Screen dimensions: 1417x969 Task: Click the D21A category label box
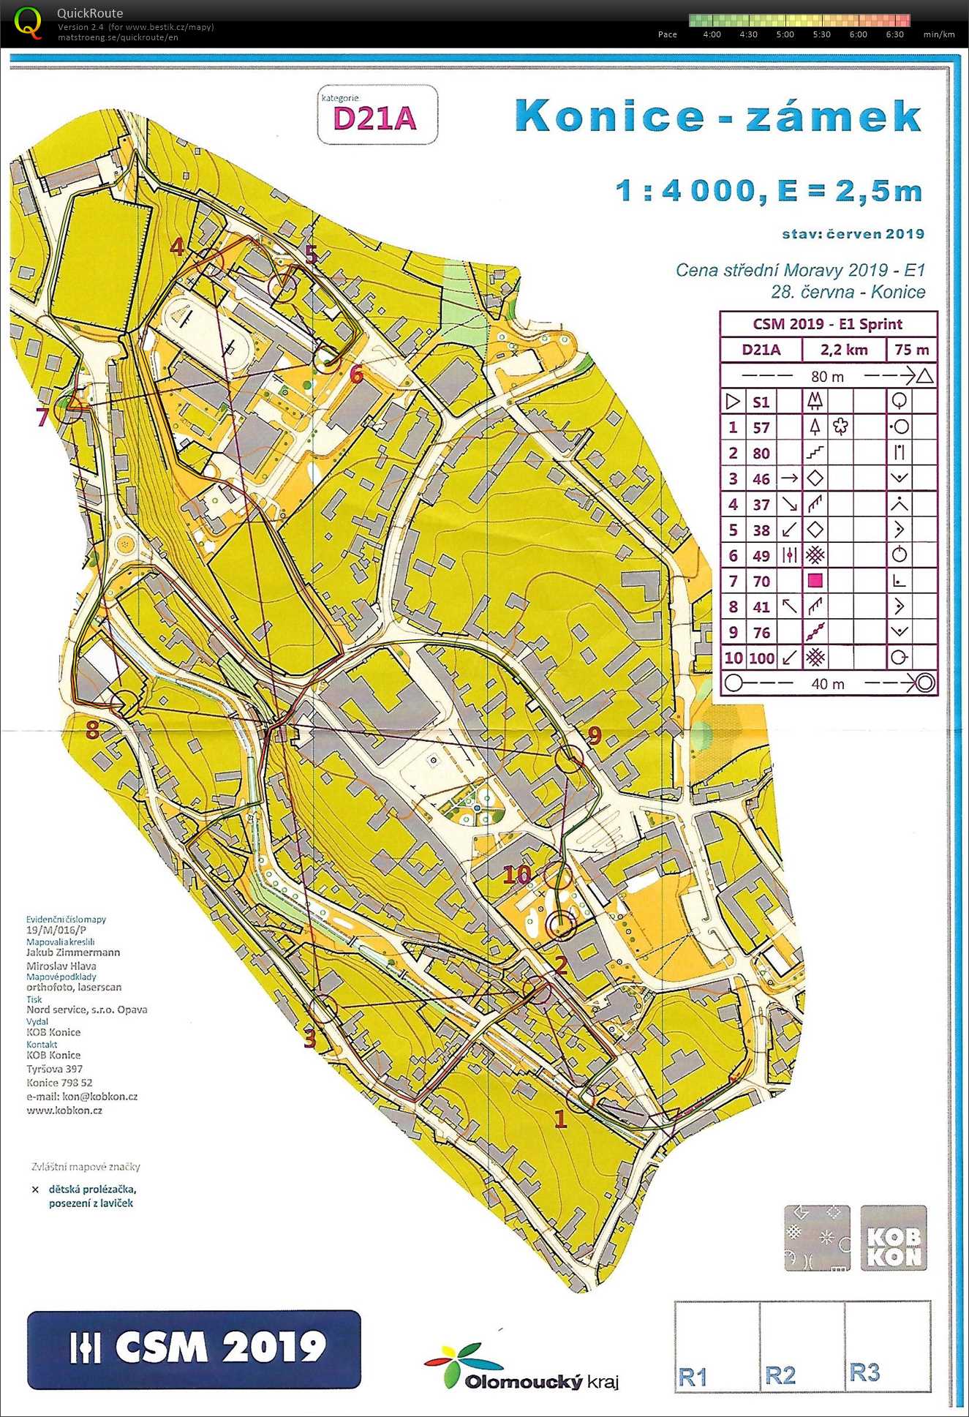[x=377, y=116]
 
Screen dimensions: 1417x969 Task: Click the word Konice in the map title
[x=608, y=116]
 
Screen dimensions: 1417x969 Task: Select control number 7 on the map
[x=42, y=417]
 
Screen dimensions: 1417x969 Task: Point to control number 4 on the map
[x=176, y=247]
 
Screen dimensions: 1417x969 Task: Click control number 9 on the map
[x=594, y=735]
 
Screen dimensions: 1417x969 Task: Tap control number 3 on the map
[x=310, y=1037]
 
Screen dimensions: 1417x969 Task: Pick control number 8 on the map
[x=92, y=729]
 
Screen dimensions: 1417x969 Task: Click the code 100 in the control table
[x=761, y=658]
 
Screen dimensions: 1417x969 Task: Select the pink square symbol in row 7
[x=815, y=581]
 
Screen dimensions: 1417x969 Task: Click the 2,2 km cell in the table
[x=843, y=350]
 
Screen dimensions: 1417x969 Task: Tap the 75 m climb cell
[x=911, y=350]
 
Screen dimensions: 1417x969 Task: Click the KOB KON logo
[x=894, y=1238]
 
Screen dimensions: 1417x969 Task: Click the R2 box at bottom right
[x=802, y=1346]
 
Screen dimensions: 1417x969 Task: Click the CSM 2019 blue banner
[x=194, y=1348]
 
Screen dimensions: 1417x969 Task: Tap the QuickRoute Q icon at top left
[x=28, y=22]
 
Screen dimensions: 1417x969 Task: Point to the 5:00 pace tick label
[x=785, y=34]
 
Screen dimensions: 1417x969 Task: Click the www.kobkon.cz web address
[x=64, y=1110]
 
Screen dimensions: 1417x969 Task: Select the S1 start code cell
[x=761, y=402]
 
